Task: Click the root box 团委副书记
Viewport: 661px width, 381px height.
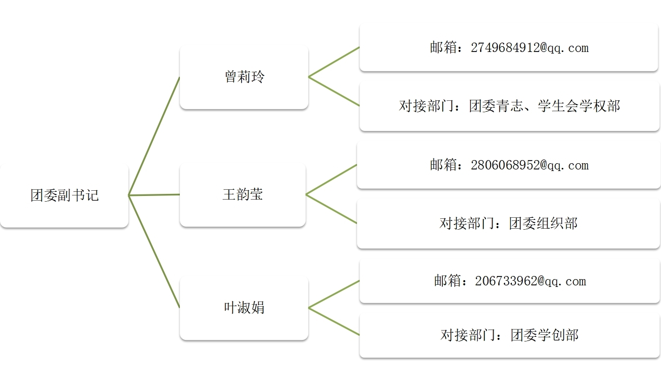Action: coord(64,195)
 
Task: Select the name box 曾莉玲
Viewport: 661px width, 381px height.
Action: coord(244,77)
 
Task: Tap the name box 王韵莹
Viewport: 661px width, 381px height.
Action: coord(243,194)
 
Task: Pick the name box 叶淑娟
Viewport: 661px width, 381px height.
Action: coord(244,308)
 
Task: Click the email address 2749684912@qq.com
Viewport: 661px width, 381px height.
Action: coord(530,48)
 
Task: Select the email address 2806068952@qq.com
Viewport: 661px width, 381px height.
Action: coord(530,166)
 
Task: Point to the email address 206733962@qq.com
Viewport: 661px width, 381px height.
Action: coord(530,282)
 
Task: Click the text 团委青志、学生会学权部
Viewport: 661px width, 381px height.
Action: coord(545,107)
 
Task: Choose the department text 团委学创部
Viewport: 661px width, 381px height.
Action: coord(544,335)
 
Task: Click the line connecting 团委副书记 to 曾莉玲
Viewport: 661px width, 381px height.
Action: coord(154,136)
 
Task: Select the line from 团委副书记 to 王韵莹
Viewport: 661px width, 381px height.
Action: coord(154,195)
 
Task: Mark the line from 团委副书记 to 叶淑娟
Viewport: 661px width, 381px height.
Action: coord(154,251)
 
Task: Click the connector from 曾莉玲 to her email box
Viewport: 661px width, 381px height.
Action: coord(334,62)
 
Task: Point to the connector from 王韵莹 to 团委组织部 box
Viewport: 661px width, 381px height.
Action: coord(331,209)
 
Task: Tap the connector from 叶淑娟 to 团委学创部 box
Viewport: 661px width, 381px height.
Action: coord(334,322)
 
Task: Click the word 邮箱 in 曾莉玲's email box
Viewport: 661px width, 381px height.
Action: coord(443,48)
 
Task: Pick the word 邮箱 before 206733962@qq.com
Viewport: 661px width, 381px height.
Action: coord(447,282)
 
